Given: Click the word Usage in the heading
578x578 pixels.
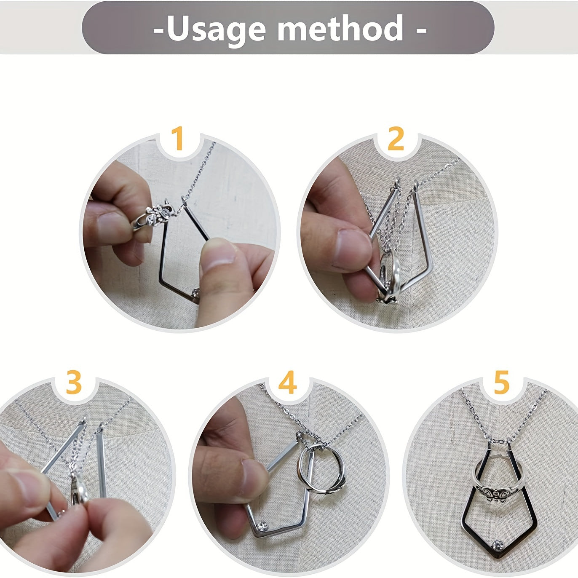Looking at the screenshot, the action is point(216,29).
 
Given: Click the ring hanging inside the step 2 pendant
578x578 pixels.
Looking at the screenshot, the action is point(389,276).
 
